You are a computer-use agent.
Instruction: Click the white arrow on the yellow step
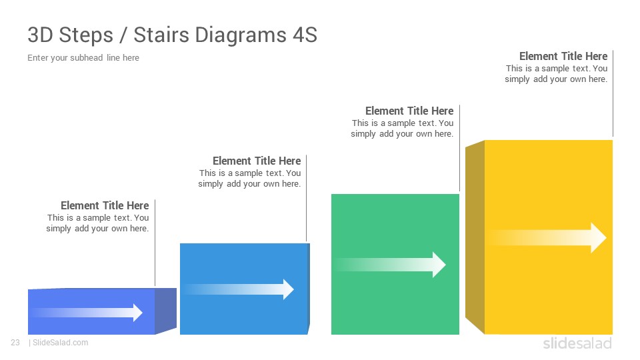(547, 237)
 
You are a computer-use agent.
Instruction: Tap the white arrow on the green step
(390, 265)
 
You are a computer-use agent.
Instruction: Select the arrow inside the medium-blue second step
(239, 289)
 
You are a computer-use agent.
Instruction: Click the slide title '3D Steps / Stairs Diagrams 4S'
(172, 35)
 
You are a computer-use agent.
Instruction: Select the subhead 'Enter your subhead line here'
(83, 57)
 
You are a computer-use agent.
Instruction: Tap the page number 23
(15, 343)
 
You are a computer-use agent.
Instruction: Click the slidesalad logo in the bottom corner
(577, 343)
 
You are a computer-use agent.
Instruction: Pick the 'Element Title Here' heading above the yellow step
(563, 56)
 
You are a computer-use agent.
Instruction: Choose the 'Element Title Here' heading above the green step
(409, 111)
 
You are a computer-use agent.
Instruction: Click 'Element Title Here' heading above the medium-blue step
(257, 161)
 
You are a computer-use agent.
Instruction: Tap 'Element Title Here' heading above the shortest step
(105, 205)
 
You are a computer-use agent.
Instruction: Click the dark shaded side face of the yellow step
(475, 237)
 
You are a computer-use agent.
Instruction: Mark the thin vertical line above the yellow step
(613, 93)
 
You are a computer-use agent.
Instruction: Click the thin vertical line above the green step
(459, 148)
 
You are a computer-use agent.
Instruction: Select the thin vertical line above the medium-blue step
(306, 198)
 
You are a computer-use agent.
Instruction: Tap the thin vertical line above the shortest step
(155, 243)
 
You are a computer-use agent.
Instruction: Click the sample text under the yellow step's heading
(556, 74)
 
